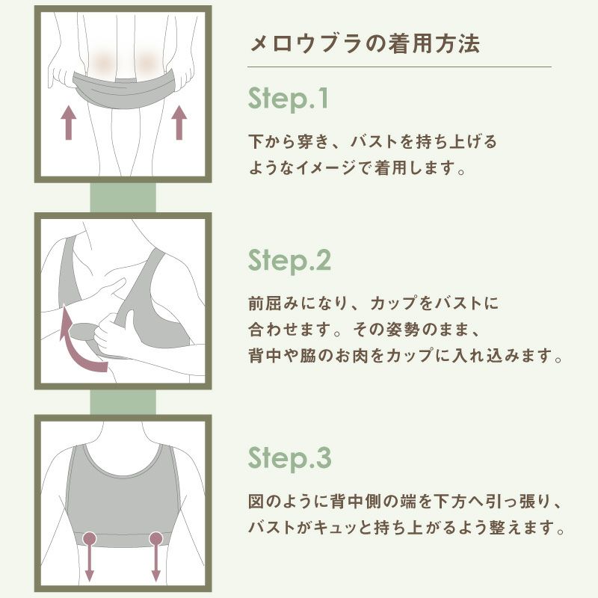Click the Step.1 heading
(288, 99)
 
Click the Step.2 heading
(289, 261)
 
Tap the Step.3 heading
(289, 458)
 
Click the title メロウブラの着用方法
(365, 43)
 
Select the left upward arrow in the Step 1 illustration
(69, 123)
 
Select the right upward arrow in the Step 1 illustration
(179, 123)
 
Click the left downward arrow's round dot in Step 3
(90, 538)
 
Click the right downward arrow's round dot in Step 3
(156, 538)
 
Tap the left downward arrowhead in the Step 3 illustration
(89, 576)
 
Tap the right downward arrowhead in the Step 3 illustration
(155, 576)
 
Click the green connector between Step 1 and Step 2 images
(123, 197)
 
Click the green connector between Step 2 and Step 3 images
(123, 402)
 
